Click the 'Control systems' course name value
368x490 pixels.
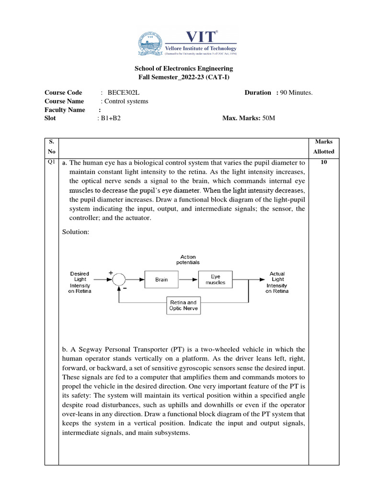(126, 101)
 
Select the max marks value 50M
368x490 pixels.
(269, 118)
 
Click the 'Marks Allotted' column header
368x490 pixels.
(323, 146)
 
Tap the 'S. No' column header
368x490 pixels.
(51, 146)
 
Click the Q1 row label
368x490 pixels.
(51, 162)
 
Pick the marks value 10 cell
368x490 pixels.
(323, 163)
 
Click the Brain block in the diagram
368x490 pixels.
(161, 279)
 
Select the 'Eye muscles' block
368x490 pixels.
(215, 279)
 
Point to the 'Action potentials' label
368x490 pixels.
(188, 260)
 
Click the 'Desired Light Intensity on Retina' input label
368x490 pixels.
(80, 282)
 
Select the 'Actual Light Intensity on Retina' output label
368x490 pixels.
(277, 282)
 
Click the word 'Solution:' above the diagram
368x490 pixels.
(76, 232)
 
